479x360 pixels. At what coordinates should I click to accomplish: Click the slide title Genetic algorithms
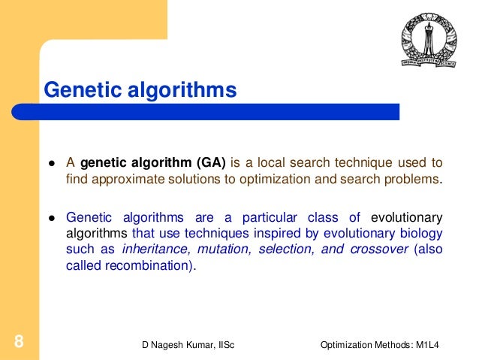coord(140,90)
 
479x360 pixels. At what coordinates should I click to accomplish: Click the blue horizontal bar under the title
coord(218,112)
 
